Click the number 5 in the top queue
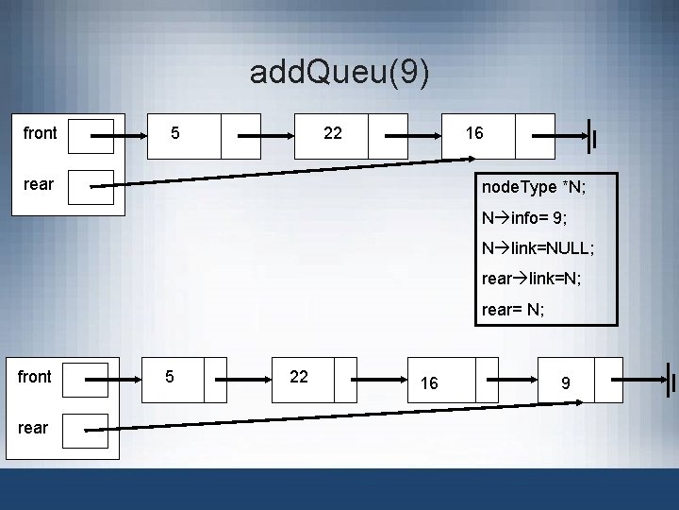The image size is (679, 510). point(174,133)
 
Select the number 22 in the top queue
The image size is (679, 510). point(332,133)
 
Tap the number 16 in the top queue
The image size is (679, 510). point(474,133)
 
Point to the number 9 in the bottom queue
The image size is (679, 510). point(565,382)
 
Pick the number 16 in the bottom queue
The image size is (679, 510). point(429,382)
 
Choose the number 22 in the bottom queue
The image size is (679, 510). point(299,376)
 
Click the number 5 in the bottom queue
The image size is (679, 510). point(169,376)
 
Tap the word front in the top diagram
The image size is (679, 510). point(40,133)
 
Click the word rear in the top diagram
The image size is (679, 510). point(39,183)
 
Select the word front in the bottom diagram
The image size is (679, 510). point(35,377)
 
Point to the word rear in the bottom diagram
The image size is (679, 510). point(33,427)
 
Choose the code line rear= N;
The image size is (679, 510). point(514,309)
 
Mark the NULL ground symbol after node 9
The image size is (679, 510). point(671,379)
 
